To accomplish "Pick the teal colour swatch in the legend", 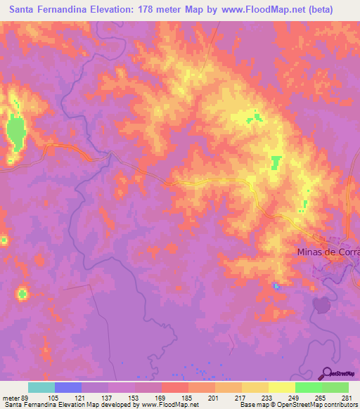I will (x=41, y=387).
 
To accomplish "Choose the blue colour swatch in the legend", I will (x=68, y=387).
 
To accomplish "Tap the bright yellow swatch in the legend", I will (x=282, y=387).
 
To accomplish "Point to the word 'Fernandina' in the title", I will (x=66, y=9).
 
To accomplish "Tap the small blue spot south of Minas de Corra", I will (x=276, y=285).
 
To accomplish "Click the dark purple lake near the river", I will (x=321, y=304).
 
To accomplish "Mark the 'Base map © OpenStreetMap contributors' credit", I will (x=297, y=405).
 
